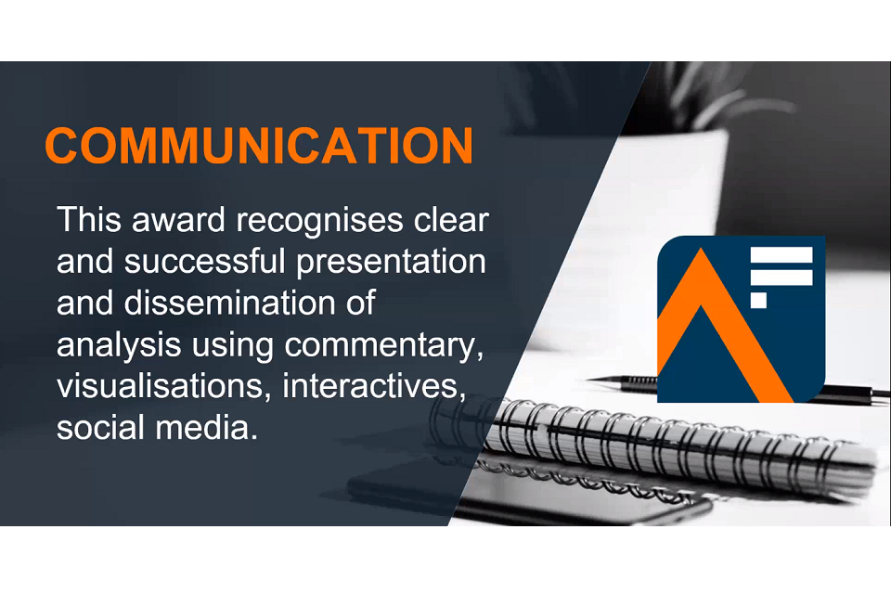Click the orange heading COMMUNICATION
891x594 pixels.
point(259,146)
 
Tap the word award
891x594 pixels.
point(179,220)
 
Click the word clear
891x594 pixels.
point(451,220)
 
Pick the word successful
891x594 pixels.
point(204,262)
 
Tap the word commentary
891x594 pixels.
point(383,346)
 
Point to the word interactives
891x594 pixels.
point(374,386)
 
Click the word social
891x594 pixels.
point(100,428)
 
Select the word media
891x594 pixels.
point(207,428)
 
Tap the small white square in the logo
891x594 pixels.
point(758,300)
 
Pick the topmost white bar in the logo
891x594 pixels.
point(781,254)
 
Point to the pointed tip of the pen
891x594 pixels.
point(588,379)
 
